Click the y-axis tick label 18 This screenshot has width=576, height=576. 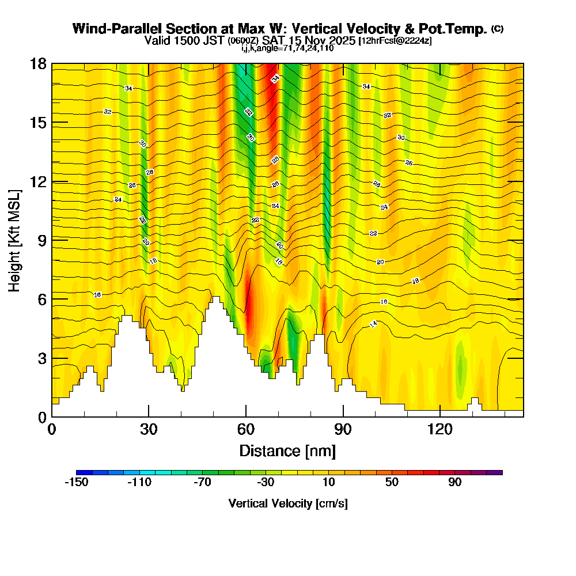(x=38, y=63)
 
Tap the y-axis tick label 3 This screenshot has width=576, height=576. (x=42, y=358)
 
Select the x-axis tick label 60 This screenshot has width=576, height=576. (x=246, y=430)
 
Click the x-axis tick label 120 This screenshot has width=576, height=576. (x=440, y=430)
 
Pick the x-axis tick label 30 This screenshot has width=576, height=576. (x=149, y=430)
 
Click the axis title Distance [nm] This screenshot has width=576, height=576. (x=287, y=450)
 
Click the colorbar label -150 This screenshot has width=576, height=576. (x=76, y=483)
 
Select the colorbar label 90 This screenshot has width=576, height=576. (x=455, y=483)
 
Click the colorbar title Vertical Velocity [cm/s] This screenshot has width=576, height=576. (x=288, y=503)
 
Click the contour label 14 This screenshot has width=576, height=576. (x=373, y=324)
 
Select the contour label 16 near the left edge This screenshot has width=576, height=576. (x=97, y=295)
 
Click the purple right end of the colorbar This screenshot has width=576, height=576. (x=498, y=472)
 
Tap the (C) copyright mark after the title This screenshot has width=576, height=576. (x=498, y=29)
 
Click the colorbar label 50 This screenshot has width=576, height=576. (x=392, y=483)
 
